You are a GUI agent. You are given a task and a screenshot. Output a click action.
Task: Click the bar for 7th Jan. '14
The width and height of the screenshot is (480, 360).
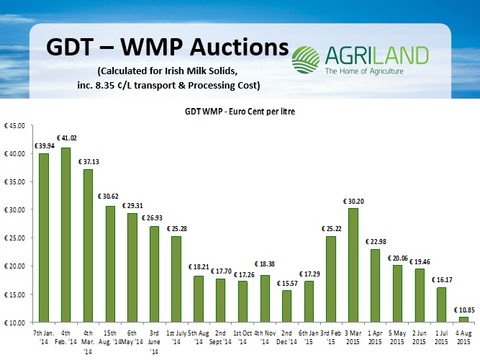(x=43, y=238)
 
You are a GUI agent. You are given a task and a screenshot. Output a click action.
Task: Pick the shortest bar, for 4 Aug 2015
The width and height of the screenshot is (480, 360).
(x=463, y=319)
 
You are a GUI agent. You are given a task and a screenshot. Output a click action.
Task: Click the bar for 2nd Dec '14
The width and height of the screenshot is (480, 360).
(x=286, y=306)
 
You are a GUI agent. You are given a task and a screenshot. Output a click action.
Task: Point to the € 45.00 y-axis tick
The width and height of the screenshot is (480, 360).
(x=14, y=126)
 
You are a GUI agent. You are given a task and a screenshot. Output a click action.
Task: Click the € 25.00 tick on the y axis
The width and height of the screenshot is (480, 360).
(x=14, y=238)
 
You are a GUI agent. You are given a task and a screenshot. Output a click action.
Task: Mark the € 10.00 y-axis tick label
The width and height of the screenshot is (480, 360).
(x=14, y=323)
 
